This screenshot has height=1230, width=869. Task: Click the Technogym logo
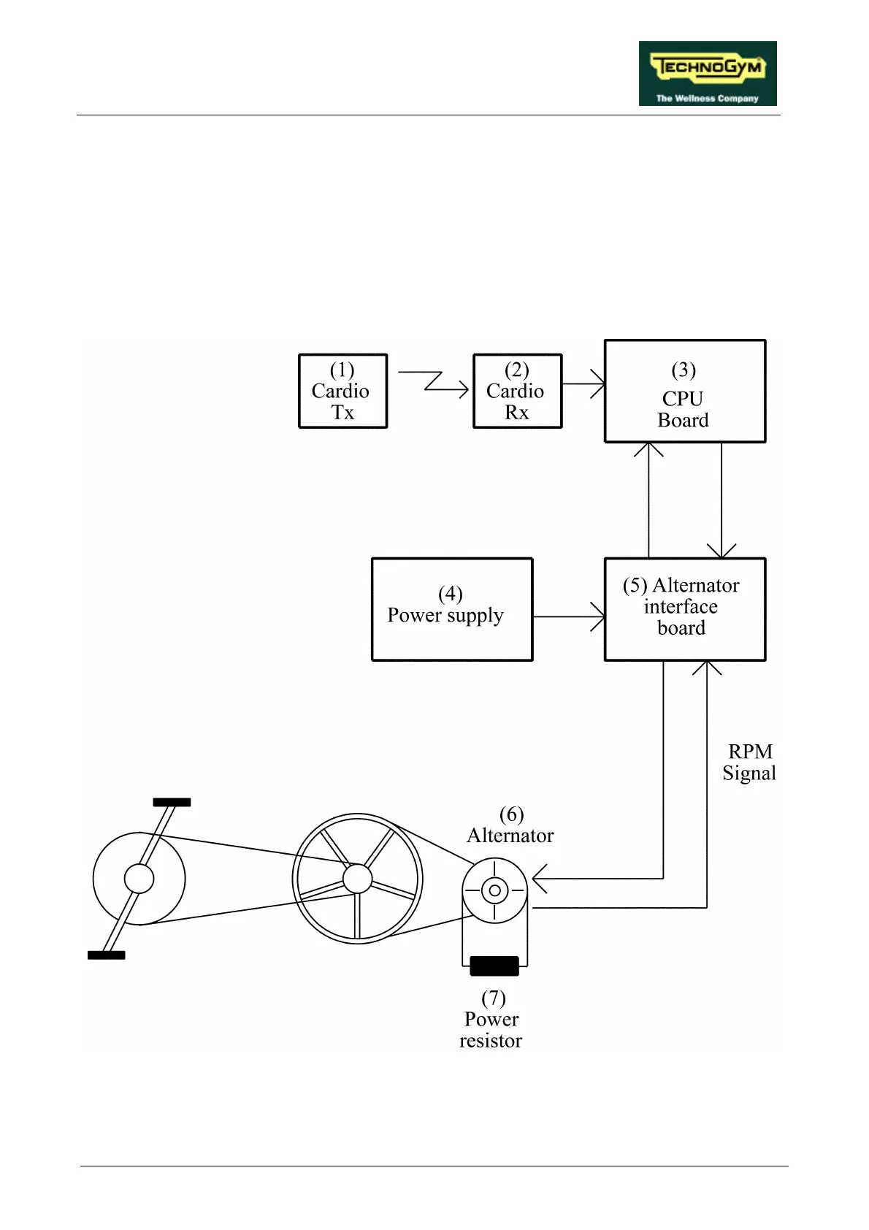[707, 73]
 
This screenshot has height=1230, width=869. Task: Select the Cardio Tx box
[342, 391]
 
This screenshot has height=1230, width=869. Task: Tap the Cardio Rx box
[517, 391]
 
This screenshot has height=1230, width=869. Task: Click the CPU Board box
[684, 391]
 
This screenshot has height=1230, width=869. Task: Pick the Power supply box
[451, 609]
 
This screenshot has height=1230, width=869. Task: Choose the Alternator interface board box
[684, 609]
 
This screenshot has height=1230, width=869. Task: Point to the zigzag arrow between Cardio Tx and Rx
[435, 382]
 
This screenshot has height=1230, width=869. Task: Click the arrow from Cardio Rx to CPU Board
[583, 383]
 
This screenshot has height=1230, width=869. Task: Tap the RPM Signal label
[749, 762]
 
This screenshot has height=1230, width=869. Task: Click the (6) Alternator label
[510, 825]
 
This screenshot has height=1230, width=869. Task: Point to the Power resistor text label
[491, 1020]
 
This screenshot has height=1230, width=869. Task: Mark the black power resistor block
[494, 966]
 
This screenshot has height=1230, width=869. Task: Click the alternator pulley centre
[494, 890]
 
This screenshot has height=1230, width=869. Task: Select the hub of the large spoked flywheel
[357, 879]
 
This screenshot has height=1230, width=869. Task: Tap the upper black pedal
[172, 802]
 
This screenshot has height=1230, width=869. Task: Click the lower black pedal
[106, 955]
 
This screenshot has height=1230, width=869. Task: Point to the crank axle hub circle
[139, 879]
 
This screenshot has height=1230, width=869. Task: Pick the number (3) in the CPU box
[684, 370]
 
